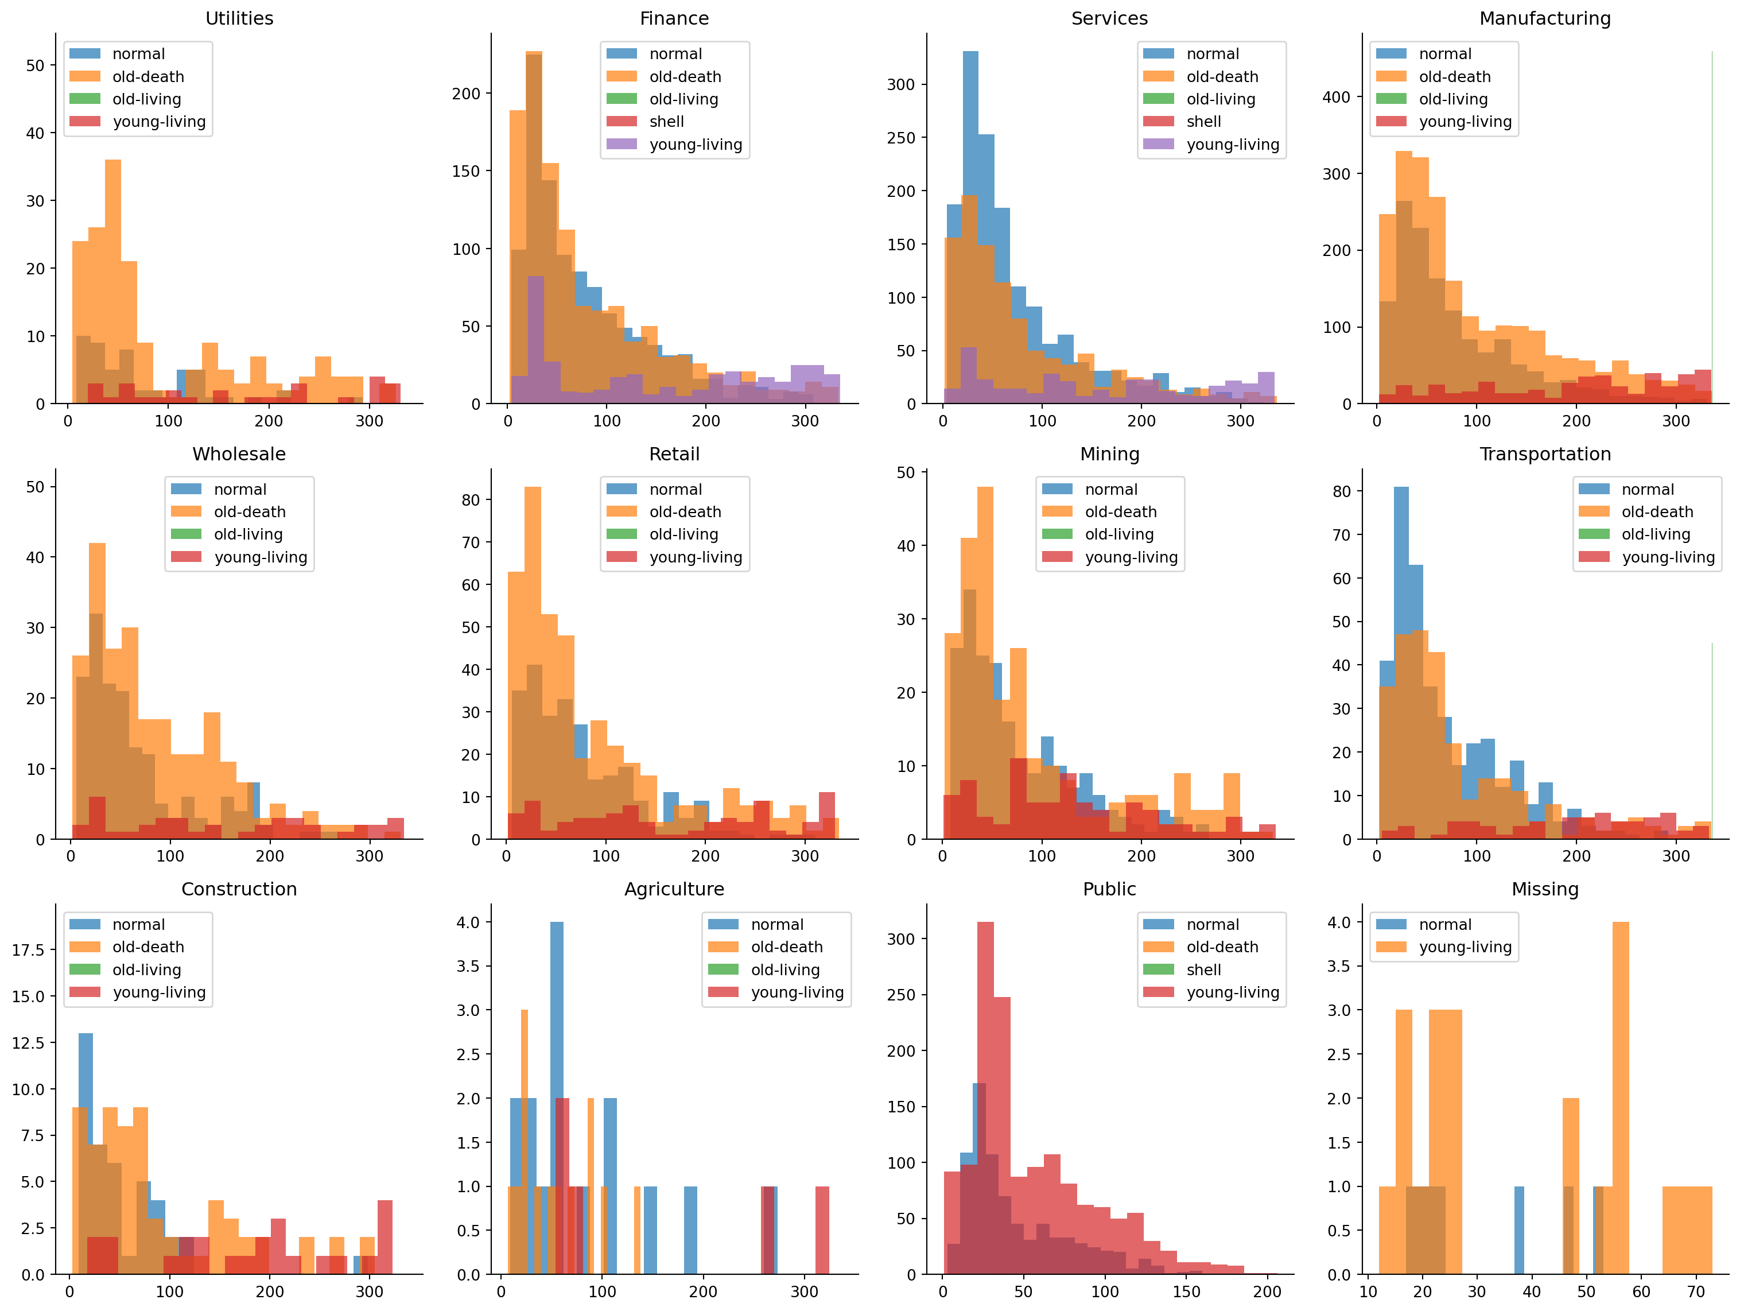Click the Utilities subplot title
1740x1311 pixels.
pyautogui.click(x=239, y=18)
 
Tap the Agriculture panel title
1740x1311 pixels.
pyautogui.click(x=674, y=889)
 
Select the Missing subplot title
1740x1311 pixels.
pyautogui.click(x=1545, y=889)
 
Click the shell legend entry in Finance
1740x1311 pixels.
pyautogui.click(x=666, y=122)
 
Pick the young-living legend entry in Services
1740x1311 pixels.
pyautogui.click(x=1233, y=145)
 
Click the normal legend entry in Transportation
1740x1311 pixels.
pyautogui.click(x=1647, y=490)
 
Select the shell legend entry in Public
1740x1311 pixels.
pyautogui.click(x=1203, y=970)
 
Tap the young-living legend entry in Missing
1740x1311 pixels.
pyautogui.click(x=1465, y=948)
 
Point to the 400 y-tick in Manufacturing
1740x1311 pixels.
pyautogui.click(x=1337, y=98)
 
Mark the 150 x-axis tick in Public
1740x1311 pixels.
pyautogui.click(x=1186, y=1292)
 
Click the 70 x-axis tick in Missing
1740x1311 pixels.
pyautogui.click(x=1696, y=1292)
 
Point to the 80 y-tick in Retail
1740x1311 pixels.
pyautogui.click(x=471, y=501)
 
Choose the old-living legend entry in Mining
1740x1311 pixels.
pyautogui.click(x=1118, y=535)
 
